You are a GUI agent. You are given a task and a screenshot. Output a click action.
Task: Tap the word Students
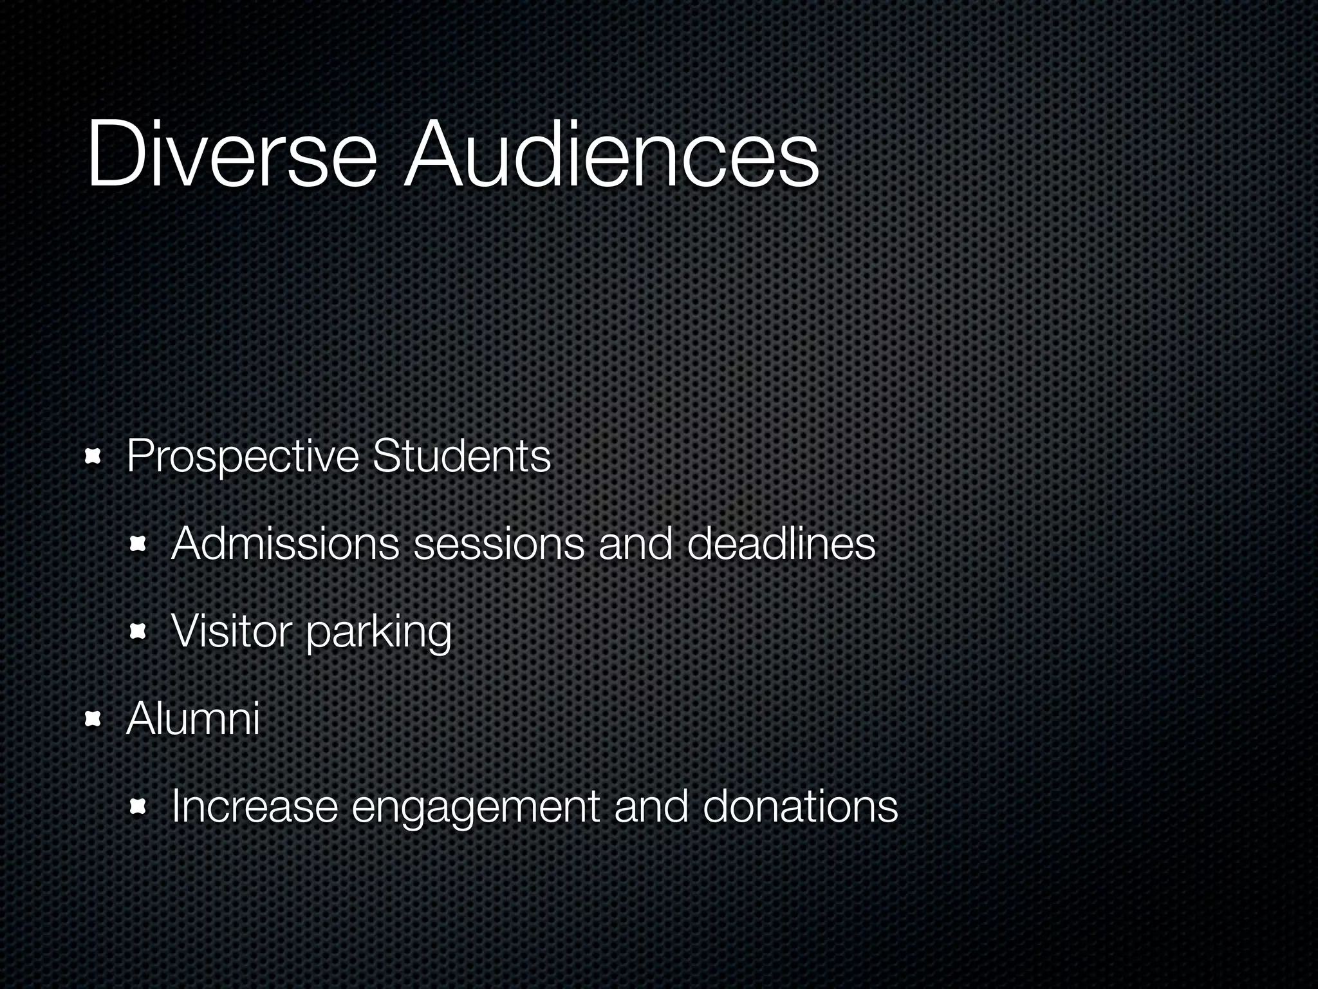point(461,456)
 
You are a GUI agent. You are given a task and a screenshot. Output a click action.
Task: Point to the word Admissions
point(285,544)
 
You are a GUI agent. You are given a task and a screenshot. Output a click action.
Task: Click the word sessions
point(499,544)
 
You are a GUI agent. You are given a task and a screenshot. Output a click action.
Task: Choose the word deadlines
point(781,544)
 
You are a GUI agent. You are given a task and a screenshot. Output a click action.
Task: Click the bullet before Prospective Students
point(94,457)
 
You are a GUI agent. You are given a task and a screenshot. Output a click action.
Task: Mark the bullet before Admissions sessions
point(138,545)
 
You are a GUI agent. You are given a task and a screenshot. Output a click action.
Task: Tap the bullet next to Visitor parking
point(138,633)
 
